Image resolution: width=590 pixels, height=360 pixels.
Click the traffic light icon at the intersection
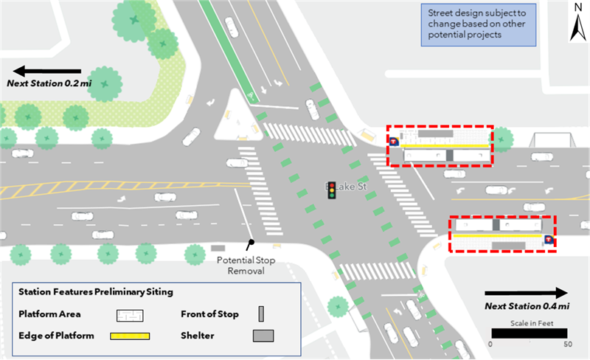pos(332,190)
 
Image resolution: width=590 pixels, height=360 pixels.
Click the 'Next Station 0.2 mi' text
pos(49,85)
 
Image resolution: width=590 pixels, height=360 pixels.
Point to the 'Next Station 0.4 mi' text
pos(527,306)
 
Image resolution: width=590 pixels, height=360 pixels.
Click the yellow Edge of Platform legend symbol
pos(130,336)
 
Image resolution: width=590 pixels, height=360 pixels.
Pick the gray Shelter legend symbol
pos(263,336)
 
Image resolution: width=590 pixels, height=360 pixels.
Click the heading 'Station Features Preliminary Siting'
pos(96,291)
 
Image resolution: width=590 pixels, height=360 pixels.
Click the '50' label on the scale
pos(567,345)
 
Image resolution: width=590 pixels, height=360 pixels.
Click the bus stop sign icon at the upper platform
pos(394,140)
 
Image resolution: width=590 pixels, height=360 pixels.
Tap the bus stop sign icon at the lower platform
pos(548,240)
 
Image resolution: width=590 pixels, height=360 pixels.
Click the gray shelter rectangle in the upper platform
pos(437,135)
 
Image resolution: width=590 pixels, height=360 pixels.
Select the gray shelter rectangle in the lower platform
pos(508,243)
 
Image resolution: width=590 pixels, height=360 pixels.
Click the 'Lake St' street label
pos(354,187)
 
